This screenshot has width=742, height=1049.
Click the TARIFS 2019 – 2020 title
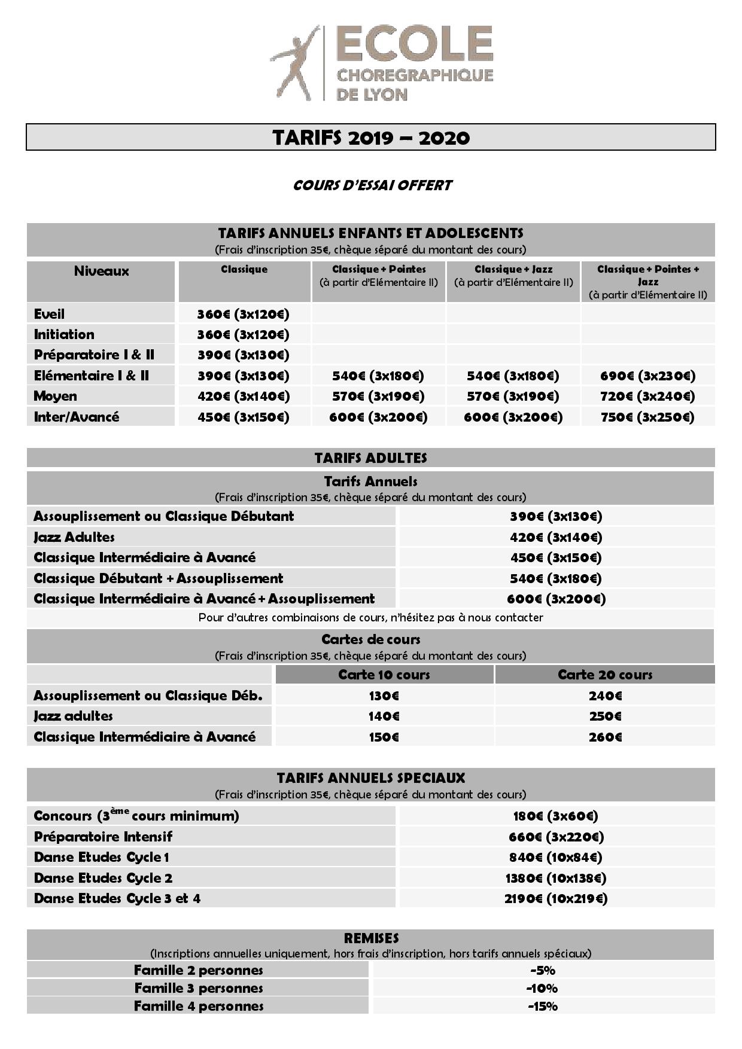click(x=371, y=138)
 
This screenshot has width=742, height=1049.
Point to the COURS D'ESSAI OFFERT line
click(x=372, y=185)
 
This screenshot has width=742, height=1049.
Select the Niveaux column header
click(x=101, y=271)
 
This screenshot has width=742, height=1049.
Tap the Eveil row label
click(x=49, y=314)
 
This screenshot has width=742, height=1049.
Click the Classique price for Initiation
click(x=243, y=334)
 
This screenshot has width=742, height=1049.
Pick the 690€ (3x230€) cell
click(x=647, y=376)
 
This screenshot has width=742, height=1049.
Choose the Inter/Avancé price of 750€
click(x=647, y=417)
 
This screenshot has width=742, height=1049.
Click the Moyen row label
click(x=55, y=396)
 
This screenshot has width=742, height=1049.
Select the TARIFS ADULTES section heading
click(x=371, y=458)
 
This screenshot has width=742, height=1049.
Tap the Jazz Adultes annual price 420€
click(x=556, y=537)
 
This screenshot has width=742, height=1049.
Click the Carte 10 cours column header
click(x=384, y=675)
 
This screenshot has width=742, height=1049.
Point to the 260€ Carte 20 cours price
click(x=605, y=737)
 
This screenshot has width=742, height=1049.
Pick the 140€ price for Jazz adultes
click(x=384, y=716)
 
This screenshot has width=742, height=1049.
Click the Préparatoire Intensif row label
click(x=103, y=836)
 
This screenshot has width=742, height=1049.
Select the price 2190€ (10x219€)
click(x=556, y=898)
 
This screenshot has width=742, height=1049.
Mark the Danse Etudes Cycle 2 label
click(x=103, y=878)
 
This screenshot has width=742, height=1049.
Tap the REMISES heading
click(x=371, y=938)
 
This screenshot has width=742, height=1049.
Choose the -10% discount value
click(x=543, y=988)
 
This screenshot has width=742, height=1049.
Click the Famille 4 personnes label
click(x=199, y=1006)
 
